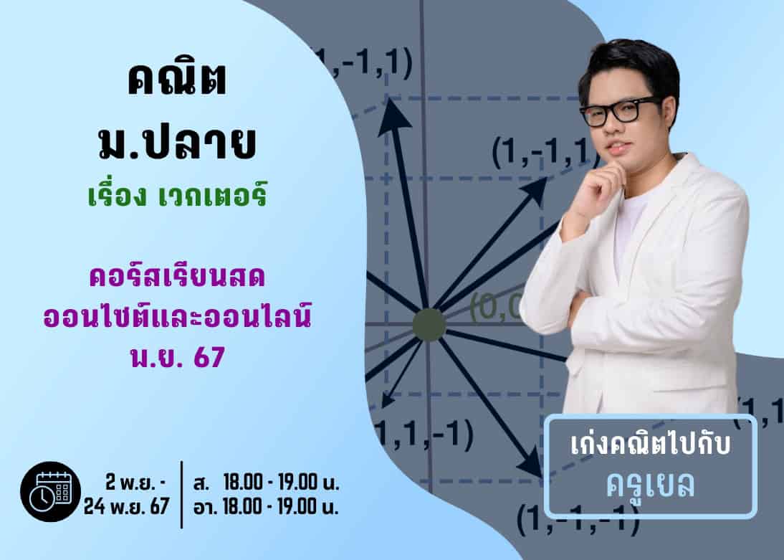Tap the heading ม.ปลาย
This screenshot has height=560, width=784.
[x=177, y=143]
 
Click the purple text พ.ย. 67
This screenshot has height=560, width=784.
[x=178, y=357]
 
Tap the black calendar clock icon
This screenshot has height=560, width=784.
[x=50, y=491]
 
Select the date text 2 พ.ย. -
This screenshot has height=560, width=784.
[x=136, y=483]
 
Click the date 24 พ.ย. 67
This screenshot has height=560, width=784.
[x=126, y=506]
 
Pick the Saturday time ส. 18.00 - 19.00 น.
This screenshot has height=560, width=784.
[x=266, y=483]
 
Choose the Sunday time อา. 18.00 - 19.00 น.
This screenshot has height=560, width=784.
[x=266, y=506]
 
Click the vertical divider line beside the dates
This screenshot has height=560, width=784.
[x=181, y=495]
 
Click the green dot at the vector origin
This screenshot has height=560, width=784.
[x=429, y=325]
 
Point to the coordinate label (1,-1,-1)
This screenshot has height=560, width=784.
[x=578, y=521]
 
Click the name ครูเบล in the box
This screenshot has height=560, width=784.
[x=651, y=484]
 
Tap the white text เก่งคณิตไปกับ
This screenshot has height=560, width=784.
[x=651, y=445]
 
